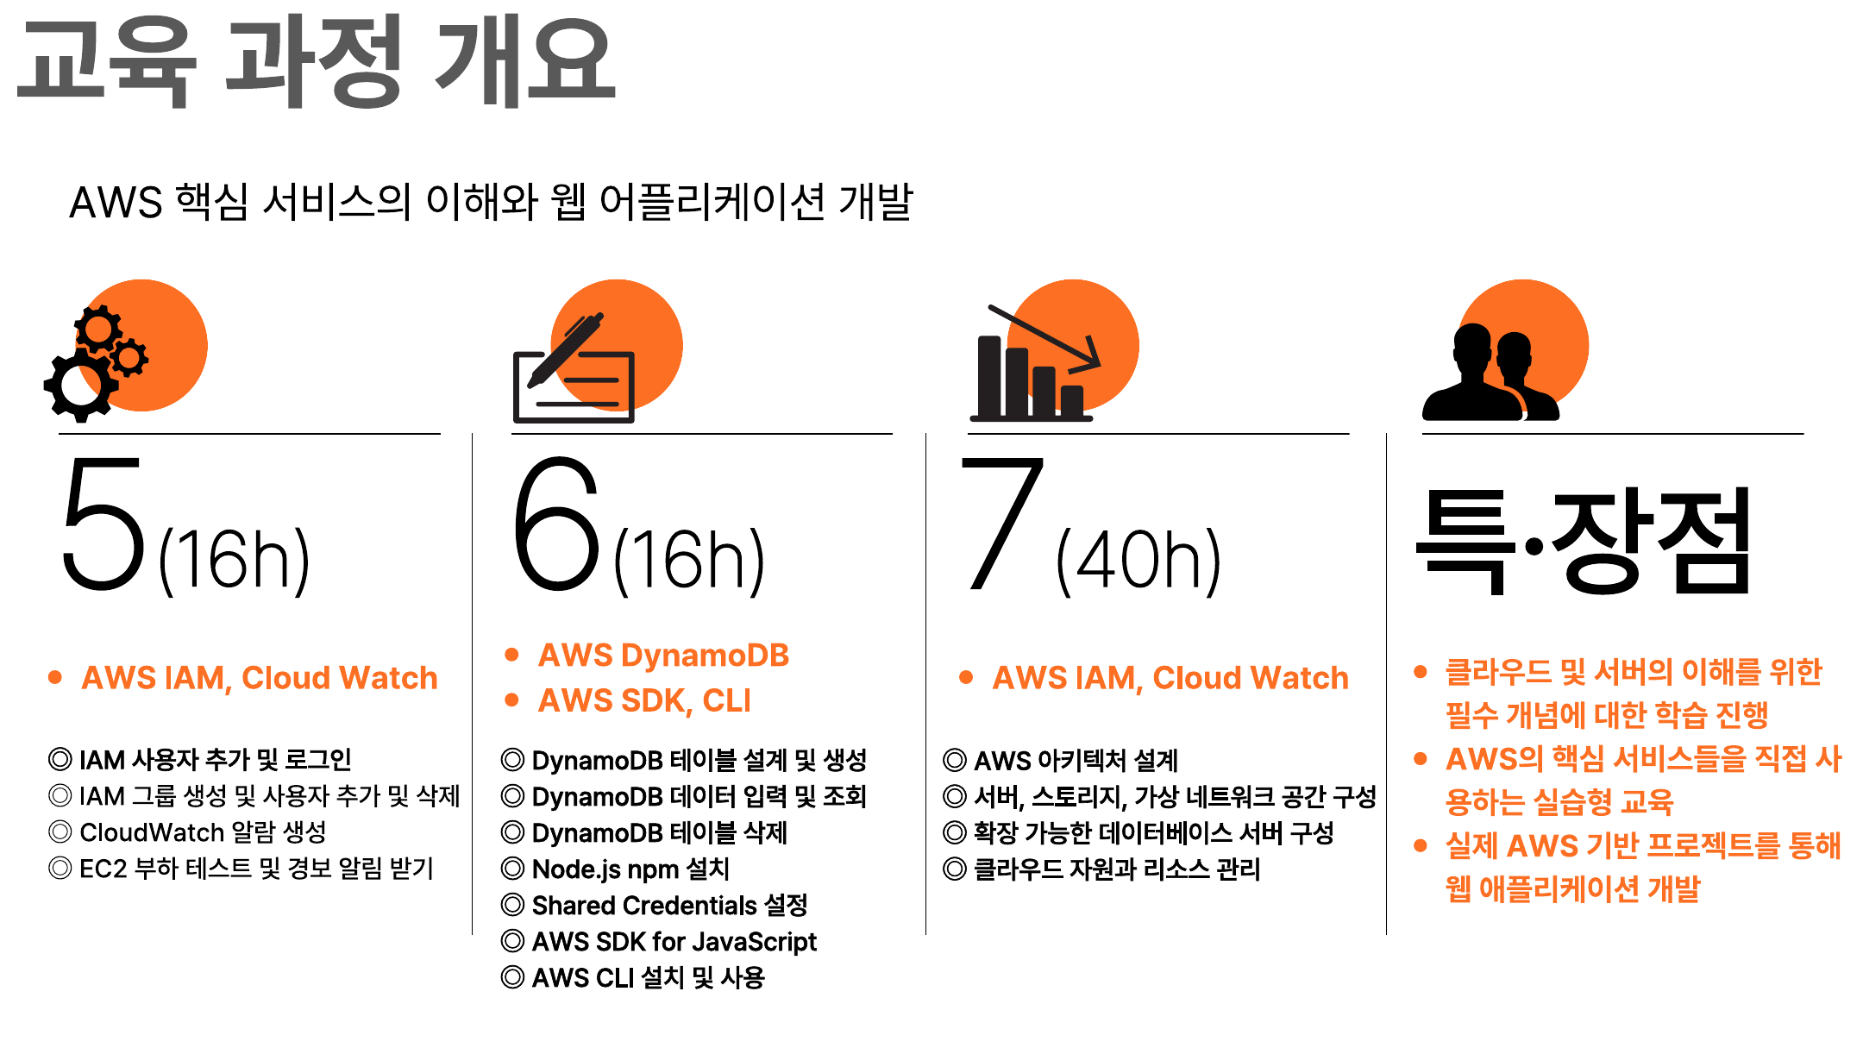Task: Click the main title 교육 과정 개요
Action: pos(316,62)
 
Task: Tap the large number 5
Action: pos(103,524)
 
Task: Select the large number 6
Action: pos(555,524)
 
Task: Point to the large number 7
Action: pos(1001,524)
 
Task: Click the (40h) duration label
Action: pos(1138,562)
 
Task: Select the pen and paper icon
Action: pos(574,367)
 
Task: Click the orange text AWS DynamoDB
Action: pos(663,656)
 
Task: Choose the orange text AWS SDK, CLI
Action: pos(644,700)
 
